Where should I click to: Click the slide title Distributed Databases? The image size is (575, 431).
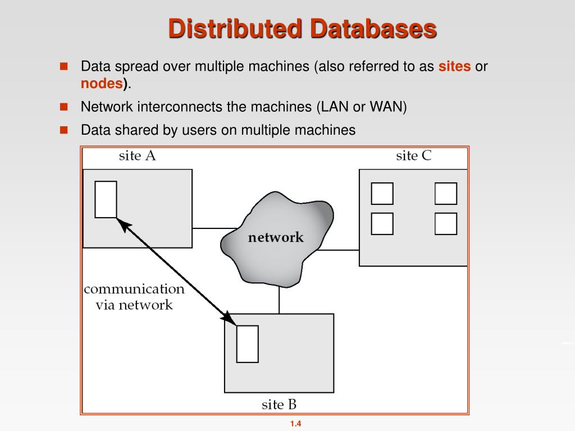[303, 29]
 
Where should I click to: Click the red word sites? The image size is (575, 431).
[454, 66]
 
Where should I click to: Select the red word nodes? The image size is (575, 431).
[102, 84]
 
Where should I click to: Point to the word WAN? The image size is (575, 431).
[387, 107]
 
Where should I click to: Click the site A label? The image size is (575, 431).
[137, 156]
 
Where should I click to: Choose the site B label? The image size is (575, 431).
[279, 404]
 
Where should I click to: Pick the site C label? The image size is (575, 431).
[413, 156]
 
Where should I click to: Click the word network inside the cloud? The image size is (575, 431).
[276, 237]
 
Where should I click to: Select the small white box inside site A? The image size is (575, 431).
[106, 199]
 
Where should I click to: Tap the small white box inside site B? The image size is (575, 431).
[247, 343]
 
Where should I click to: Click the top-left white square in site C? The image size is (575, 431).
[382, 194]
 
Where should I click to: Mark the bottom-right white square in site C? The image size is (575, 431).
[446, 223]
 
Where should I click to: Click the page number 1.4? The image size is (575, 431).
[296, 424]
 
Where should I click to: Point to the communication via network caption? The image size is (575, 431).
[134, 297]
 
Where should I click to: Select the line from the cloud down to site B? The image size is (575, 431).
[279, 297]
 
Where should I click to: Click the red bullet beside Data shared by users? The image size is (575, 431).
[63, 130]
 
